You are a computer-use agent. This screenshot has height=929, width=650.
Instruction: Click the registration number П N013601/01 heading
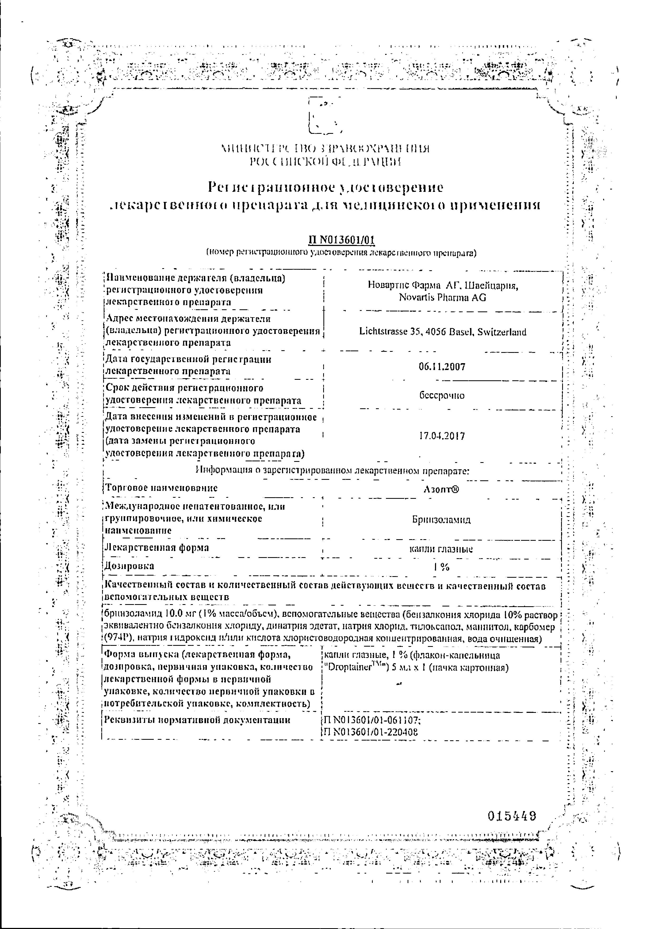[341, 240]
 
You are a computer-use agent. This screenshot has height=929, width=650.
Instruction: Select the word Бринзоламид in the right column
[441, 520]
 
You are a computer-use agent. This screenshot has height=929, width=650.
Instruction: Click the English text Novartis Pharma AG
[442, 297]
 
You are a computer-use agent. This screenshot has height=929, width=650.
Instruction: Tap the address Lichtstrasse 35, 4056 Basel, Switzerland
[442, 332]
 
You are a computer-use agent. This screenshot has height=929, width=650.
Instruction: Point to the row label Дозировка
[130, 566]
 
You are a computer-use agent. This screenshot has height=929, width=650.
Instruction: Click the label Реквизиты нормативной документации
[197, 720]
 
